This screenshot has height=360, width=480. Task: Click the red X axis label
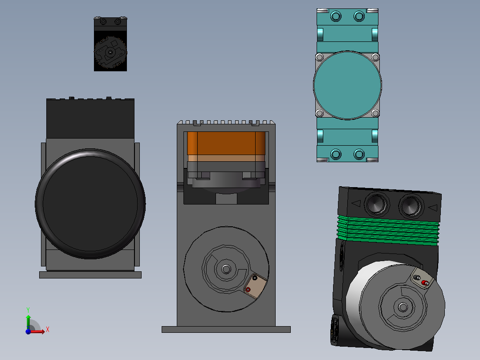48,330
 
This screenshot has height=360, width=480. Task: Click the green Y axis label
28,310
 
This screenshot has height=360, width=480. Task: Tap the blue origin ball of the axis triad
28,331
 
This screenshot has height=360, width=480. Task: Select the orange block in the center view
226,143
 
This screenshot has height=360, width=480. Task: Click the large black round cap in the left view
90,204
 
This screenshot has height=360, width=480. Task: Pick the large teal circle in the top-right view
347,85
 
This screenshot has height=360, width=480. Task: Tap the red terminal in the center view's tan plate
248,290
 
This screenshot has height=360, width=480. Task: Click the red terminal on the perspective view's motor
425,283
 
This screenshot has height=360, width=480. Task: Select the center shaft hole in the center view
226,269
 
